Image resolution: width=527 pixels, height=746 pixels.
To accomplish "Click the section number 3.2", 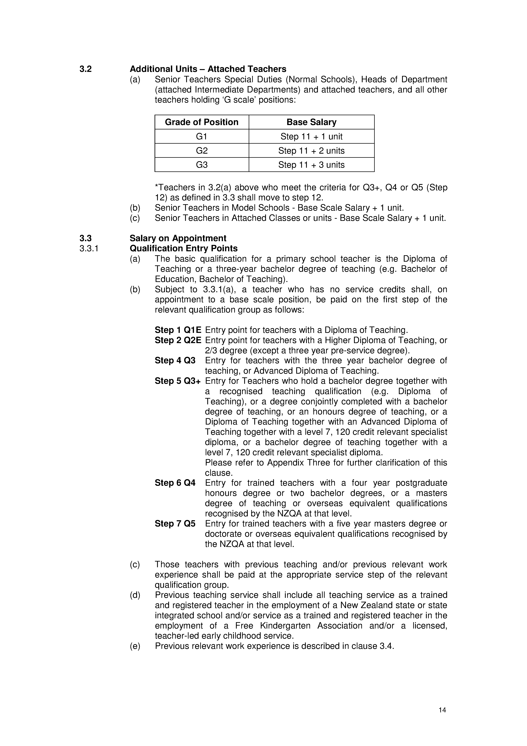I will (x=86, y=69).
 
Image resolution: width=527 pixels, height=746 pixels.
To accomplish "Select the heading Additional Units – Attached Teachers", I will (x=208, y=69).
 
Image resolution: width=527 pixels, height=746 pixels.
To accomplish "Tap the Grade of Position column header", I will (x=202, y=122).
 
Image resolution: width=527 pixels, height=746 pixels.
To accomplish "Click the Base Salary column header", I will (x=311, y=122).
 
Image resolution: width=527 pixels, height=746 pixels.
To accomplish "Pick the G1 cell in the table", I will (x=202, y=136).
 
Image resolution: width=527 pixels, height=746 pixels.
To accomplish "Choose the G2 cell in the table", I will (x=202, y=151).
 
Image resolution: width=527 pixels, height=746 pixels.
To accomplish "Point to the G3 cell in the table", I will (x=202, y=165).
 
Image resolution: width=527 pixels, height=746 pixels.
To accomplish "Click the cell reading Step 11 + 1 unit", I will (x=311, y=136).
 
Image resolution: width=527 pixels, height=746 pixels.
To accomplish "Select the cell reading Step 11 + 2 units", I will (x=311, y=151).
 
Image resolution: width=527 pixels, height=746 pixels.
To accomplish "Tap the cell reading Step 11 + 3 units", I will (x=311, y=165).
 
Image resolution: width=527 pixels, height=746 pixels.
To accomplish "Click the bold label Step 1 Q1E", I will (x=178, y=330).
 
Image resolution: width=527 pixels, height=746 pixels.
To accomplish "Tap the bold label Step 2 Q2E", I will (x=178, y=340).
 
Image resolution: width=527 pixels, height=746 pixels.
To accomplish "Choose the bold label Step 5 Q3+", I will (x=178, y=381).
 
